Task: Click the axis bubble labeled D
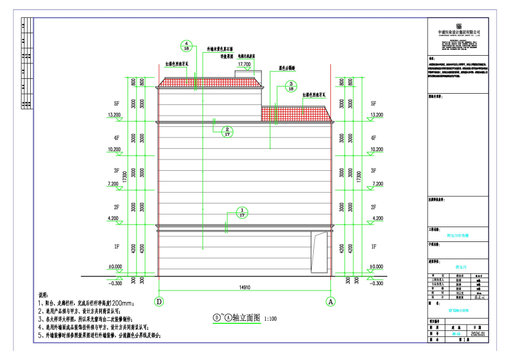click(158, 301)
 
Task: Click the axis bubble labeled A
click(331, 301)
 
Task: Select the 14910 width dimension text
click(244, 288)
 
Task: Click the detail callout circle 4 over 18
click(187, 47)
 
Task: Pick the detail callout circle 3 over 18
click(291, 87)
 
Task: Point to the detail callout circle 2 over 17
click(227, 132)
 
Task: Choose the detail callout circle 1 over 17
click(242, 213)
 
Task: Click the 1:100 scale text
click(270, 318)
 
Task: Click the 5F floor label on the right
click(373, 103)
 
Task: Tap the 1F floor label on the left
click(117, 245)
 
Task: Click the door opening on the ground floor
click(320, 251)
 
